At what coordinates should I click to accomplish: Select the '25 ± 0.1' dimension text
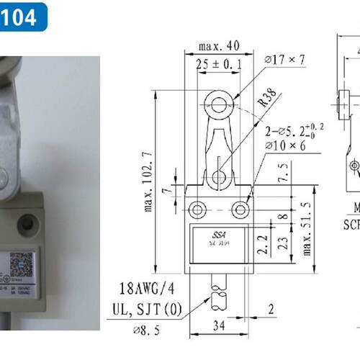point(219,65)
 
